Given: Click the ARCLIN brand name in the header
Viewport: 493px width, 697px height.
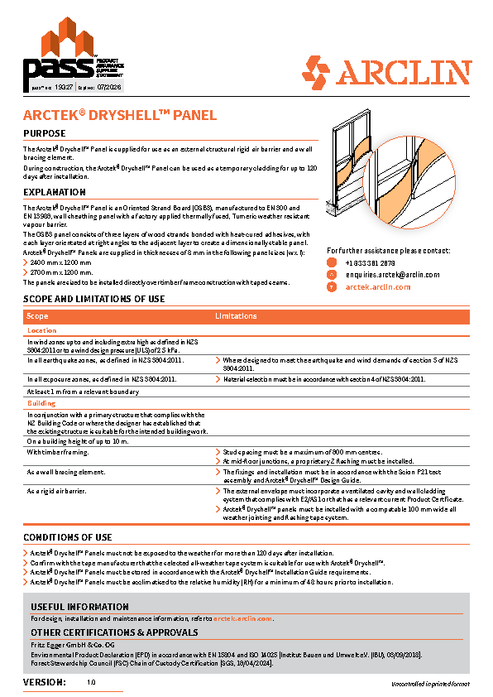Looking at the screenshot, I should (x=405, y=72).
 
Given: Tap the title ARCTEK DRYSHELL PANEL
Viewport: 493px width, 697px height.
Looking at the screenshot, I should (x=119, y=116).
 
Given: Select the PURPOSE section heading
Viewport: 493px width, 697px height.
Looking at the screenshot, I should (x=45, y=133).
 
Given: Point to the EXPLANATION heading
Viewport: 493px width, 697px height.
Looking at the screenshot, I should (x=55, y=192).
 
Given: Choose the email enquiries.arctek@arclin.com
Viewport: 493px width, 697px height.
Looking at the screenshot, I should (x=392, y=274).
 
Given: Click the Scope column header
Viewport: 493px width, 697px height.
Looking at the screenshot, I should (x=38, y=316).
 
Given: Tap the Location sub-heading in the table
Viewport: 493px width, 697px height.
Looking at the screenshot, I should (x=42, y=330).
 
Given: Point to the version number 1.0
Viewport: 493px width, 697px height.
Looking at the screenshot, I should (x=91, y=683).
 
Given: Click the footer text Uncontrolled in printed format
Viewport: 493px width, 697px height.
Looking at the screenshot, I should (x=430, y=684).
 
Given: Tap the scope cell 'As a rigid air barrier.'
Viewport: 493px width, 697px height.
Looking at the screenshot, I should (x=58, y=490).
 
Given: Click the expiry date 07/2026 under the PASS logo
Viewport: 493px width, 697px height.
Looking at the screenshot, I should (x=109, y=85).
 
